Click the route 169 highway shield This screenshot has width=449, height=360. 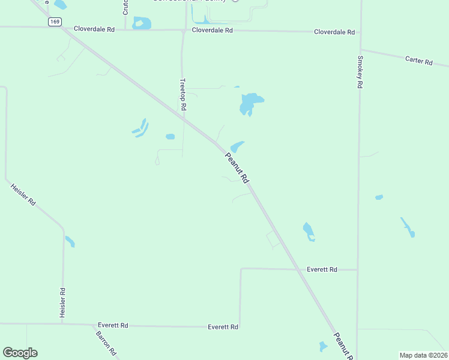(x=55, y=22)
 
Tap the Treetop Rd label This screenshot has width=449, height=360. (x=184, y=94)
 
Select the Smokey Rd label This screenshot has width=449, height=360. (x=360, y=73)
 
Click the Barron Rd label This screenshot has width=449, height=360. (x=106, y=343)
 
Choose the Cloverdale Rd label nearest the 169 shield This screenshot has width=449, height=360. (x=94, y=29)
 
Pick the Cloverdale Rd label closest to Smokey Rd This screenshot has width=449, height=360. (x=334, y=32)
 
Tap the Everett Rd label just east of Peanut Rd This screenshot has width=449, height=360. (x=322, y=270)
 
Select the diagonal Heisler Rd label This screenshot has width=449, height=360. (x=23, y=195)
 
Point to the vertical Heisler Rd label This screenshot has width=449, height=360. (x=62, y=303)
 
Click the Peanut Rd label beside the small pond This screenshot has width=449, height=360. (x=237, y=168)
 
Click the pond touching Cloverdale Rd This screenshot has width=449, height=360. (x=142, y=23)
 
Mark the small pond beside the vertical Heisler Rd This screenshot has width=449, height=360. (x=70, y=242)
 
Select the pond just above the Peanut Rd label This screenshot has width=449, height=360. (x=237, y=146)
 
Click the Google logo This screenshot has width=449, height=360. (x=20, y=353)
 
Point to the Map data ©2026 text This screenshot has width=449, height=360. (x=423, y=355)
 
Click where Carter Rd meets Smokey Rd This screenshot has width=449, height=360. (x=361, y=50)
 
